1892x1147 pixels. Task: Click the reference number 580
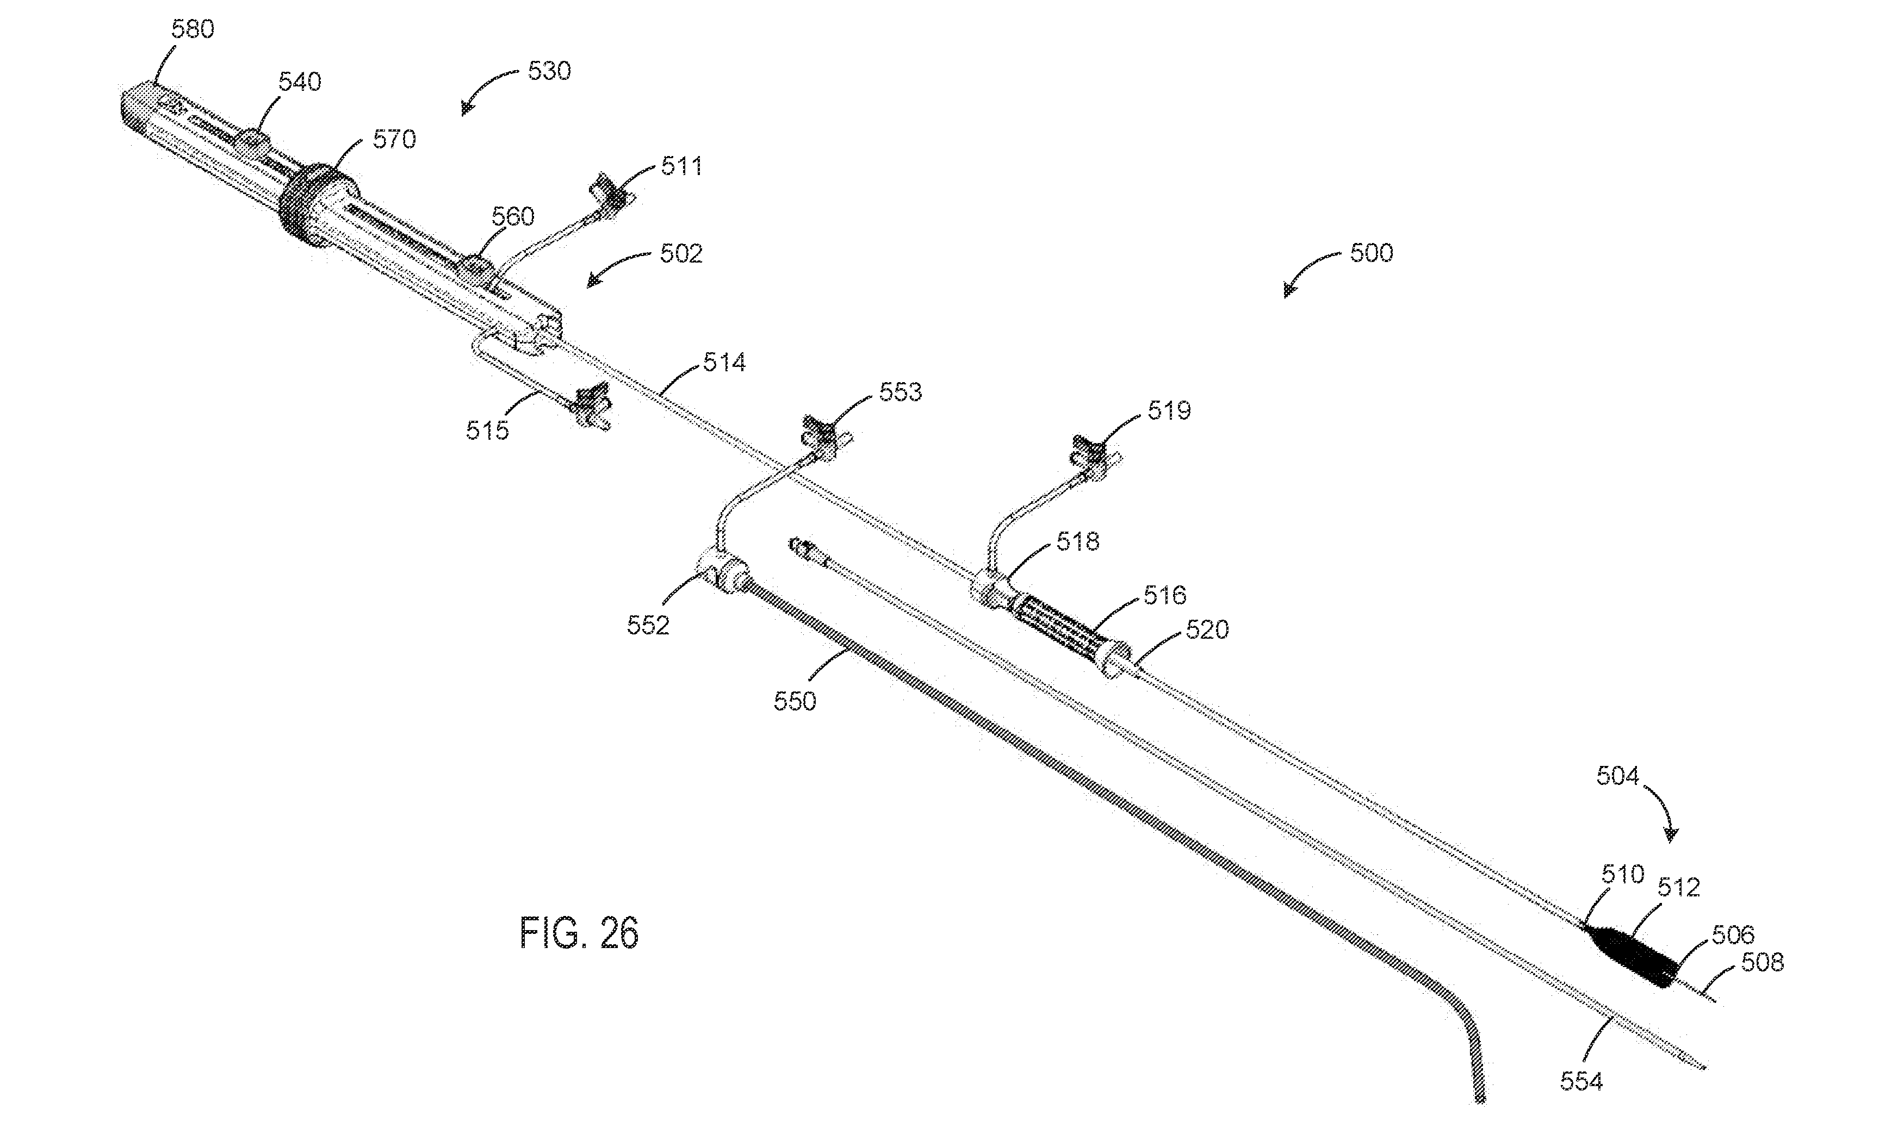(x=192, y=29)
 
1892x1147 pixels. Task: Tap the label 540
(x=300, y=82)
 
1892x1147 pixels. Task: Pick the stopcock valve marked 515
(x=591, y=407)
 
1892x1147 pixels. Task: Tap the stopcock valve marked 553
(x=826, y=438)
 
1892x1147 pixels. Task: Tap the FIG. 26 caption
(x=579, y=933)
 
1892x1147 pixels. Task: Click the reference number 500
(x=1372, y=253)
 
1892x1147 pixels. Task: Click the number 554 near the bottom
(x=1582, y=1082)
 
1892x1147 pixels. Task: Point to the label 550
(x=795, y=701)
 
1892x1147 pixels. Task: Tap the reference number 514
(x=724, y=363)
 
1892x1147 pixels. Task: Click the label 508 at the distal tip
(x=1762, y=962)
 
